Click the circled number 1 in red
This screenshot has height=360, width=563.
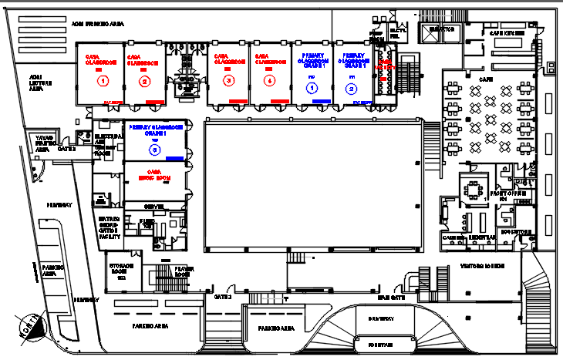coord(101,79)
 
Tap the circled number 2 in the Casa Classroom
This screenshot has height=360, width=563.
coord(143,79)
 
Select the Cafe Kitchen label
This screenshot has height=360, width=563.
coord(505,34)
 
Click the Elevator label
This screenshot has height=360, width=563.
coord(441,30)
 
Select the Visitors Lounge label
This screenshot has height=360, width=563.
coord(482,266)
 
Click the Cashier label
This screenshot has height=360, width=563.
coord(453,237)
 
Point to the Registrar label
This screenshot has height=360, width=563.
coord(483,237)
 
